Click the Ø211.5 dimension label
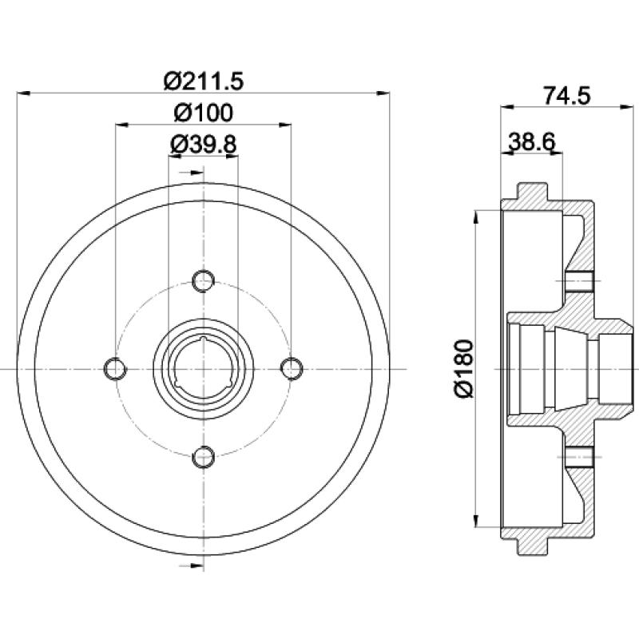coord(204,81)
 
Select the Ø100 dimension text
coord(204,113)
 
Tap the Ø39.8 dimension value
coord(204,144)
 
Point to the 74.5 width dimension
coord(566,97)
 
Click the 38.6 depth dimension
coord(532,142)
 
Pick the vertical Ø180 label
coord(464,368)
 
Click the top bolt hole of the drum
coord(204,281)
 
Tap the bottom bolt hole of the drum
coord(204,457)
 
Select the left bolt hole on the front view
coord(115,369)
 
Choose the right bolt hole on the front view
coord(292,369)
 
